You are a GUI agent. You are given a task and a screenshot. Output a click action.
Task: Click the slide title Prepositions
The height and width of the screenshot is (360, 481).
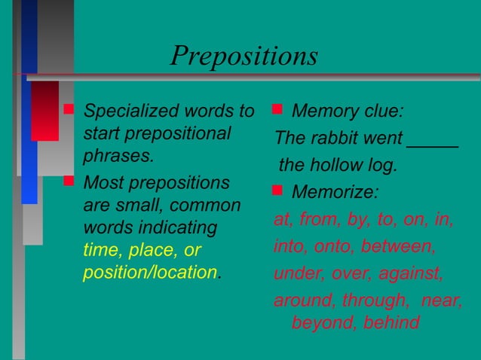click(244, 56)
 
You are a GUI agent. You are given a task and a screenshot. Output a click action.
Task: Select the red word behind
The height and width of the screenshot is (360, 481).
click(390, 323)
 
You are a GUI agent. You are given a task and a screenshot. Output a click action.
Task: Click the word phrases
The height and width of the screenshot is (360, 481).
click(117, 158)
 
